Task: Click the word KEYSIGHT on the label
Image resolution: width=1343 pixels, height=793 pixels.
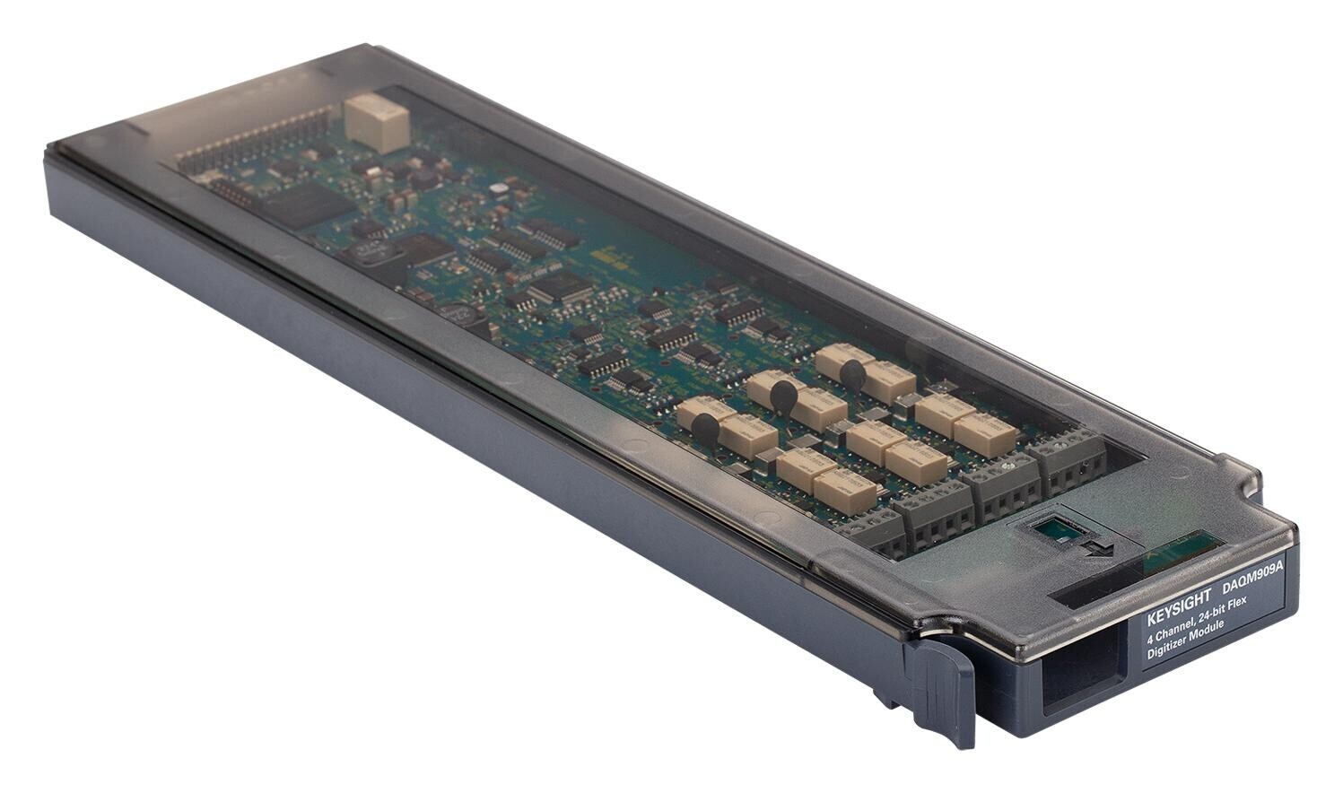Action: point(1178,609)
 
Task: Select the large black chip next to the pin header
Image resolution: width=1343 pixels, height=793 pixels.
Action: point(306,205)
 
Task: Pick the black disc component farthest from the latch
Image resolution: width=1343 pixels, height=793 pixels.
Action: point(853,374)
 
